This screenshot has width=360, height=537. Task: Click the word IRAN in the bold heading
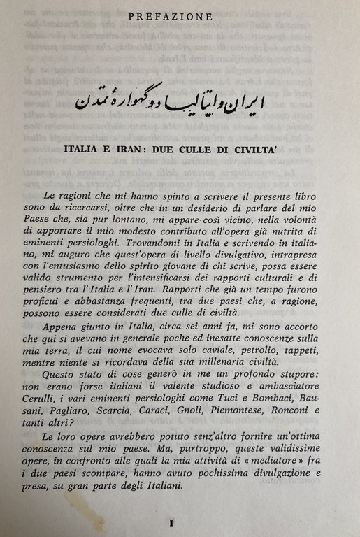pyautogui.click(x=154, y=150)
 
